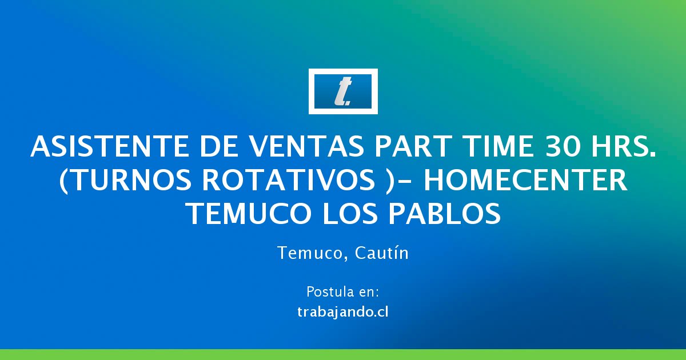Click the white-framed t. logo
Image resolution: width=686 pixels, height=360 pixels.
tap(343, 91)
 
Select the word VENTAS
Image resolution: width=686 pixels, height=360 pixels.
tap(307, 147)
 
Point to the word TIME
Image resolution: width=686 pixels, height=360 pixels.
tap(498, 147)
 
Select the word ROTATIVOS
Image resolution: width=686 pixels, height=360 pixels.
tap(289, 181)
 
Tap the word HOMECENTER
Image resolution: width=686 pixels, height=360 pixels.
tap(525, 181)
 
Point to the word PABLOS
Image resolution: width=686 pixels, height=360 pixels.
tap(445, 214)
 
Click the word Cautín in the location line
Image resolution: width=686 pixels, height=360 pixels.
tap(382, 253)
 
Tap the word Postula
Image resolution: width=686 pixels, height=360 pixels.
tap(329, 292)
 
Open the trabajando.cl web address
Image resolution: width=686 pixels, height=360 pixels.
tap(343, 312)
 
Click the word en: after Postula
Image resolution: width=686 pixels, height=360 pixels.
tap(368, 293)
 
